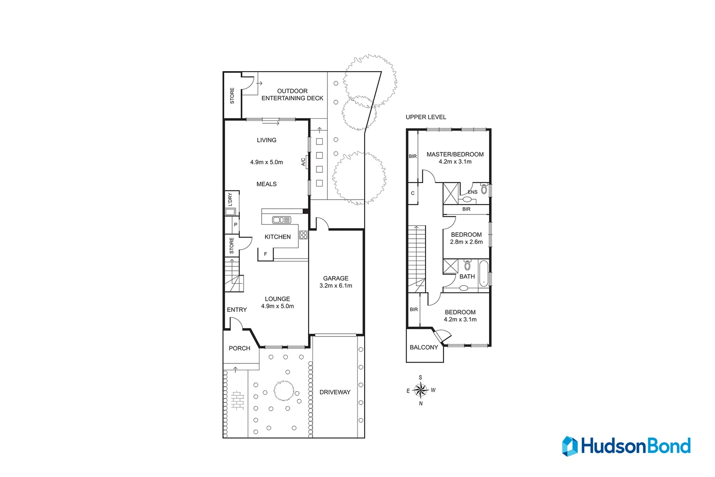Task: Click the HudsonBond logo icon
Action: (x=569, y=446)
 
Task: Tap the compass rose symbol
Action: (x=421, y=390)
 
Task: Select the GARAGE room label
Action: (x=335, y=278)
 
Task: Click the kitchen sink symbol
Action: (x=282, y=220)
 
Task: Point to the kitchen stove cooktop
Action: (x=303, y=235)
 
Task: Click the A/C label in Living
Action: (x=303, y=162)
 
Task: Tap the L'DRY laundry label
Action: (x=230, y=199)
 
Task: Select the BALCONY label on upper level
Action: (x=424, y=347)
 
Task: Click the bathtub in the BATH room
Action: (x=484, y=273)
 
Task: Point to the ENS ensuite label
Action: (x=473, y=192)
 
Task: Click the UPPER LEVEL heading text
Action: (x=426, y=117)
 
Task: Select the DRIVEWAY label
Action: (x=335, y=392)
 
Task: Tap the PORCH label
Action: (x=239, y=348)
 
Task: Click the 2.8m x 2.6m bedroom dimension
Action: (x=466, y=242)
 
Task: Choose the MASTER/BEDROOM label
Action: (x=455, y=154)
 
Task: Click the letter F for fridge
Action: (x=265, y=254)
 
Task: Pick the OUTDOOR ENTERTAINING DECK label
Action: (x=292, y=95)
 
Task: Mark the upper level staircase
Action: (x=417, y=256)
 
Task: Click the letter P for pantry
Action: (x=236, y=224)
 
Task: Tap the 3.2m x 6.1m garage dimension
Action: (x=335, y=286)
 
